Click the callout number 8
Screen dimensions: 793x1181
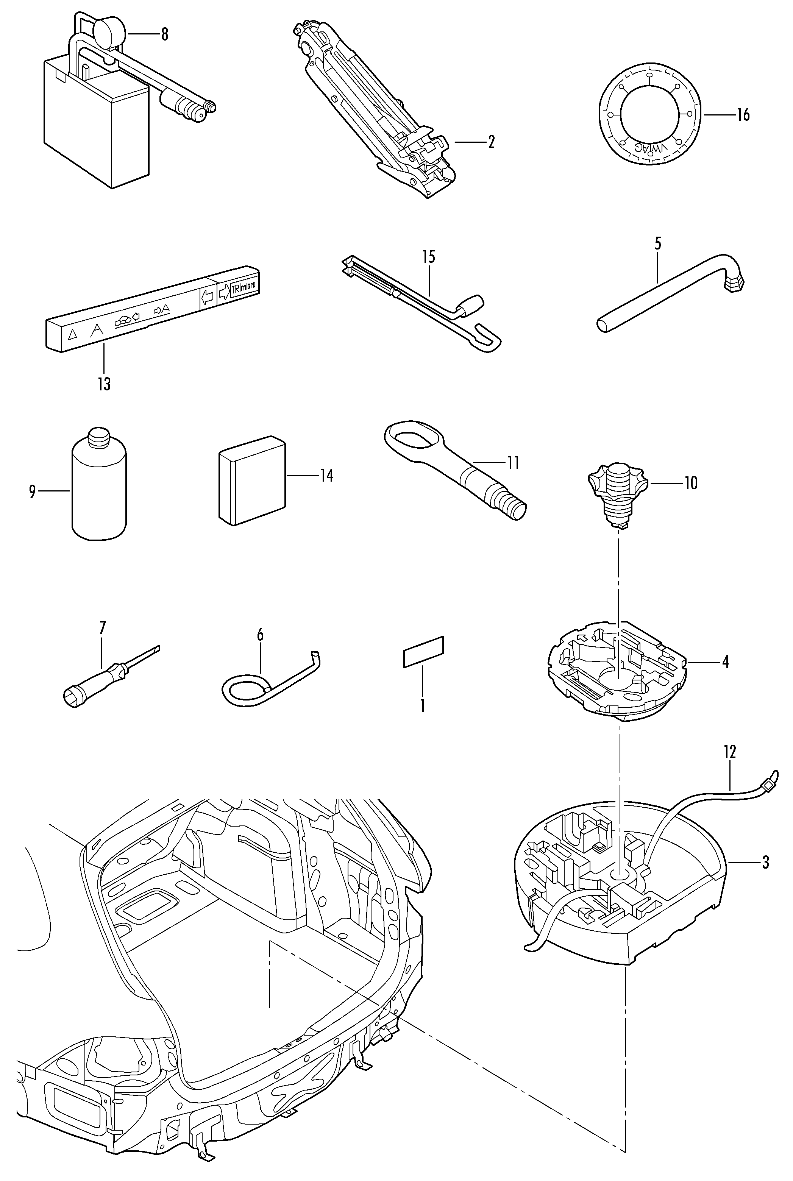coord(164,34)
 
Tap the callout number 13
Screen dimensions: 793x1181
coord(104,384)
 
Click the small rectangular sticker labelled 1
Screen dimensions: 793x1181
coord(423,652)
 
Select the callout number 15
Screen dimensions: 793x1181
coord(428,257)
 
